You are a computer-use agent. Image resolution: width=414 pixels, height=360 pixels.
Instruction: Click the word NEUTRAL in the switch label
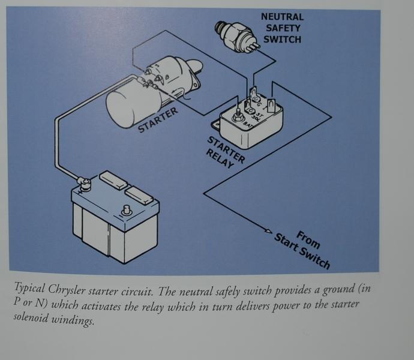coord(282,17)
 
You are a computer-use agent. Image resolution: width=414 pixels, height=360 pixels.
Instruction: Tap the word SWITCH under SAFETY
coord(282,40)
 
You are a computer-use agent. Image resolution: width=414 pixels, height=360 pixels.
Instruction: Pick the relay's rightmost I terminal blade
coord(272,106)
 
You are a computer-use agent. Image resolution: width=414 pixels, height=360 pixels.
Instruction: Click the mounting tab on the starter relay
coord(217,125)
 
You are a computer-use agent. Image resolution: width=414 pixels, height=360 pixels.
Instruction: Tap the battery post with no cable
coord(127,211)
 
